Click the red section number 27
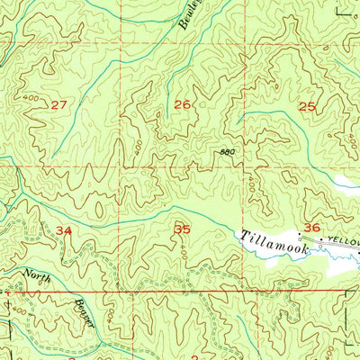click(59, 105)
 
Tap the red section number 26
click(182, 105)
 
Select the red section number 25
click(307, 106)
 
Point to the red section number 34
click(63, 230)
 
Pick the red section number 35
click(182, 229)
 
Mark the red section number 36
click(312, 227)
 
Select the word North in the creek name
click(37, 276)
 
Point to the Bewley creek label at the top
click(191, 18)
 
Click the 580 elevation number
click(227, 152)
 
